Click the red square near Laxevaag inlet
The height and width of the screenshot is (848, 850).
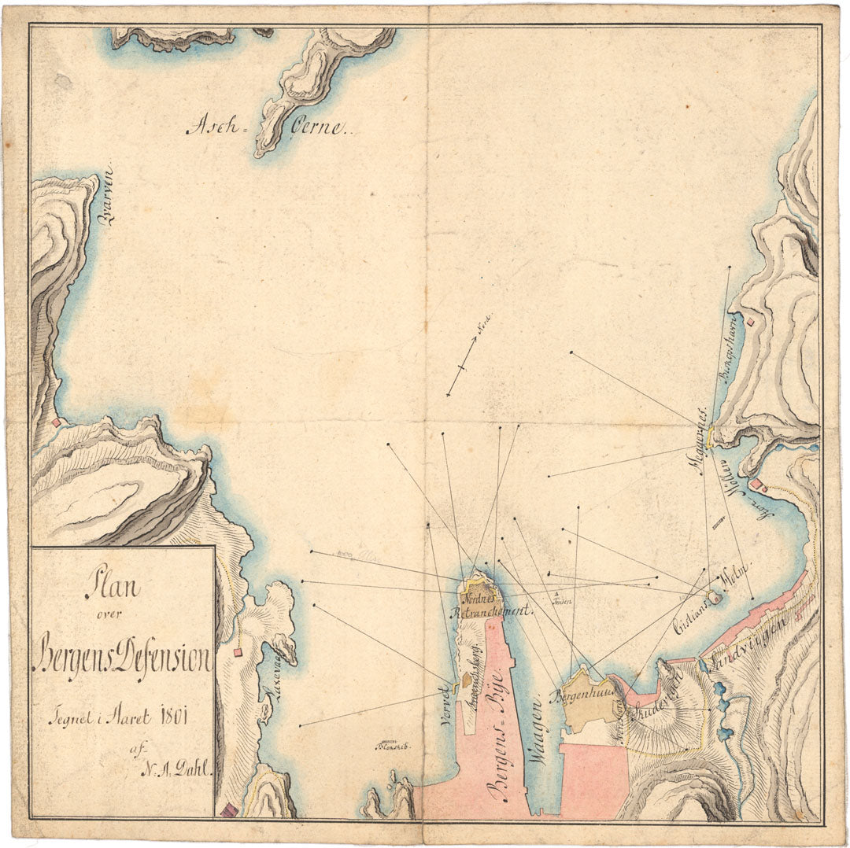[x=238, y=651]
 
